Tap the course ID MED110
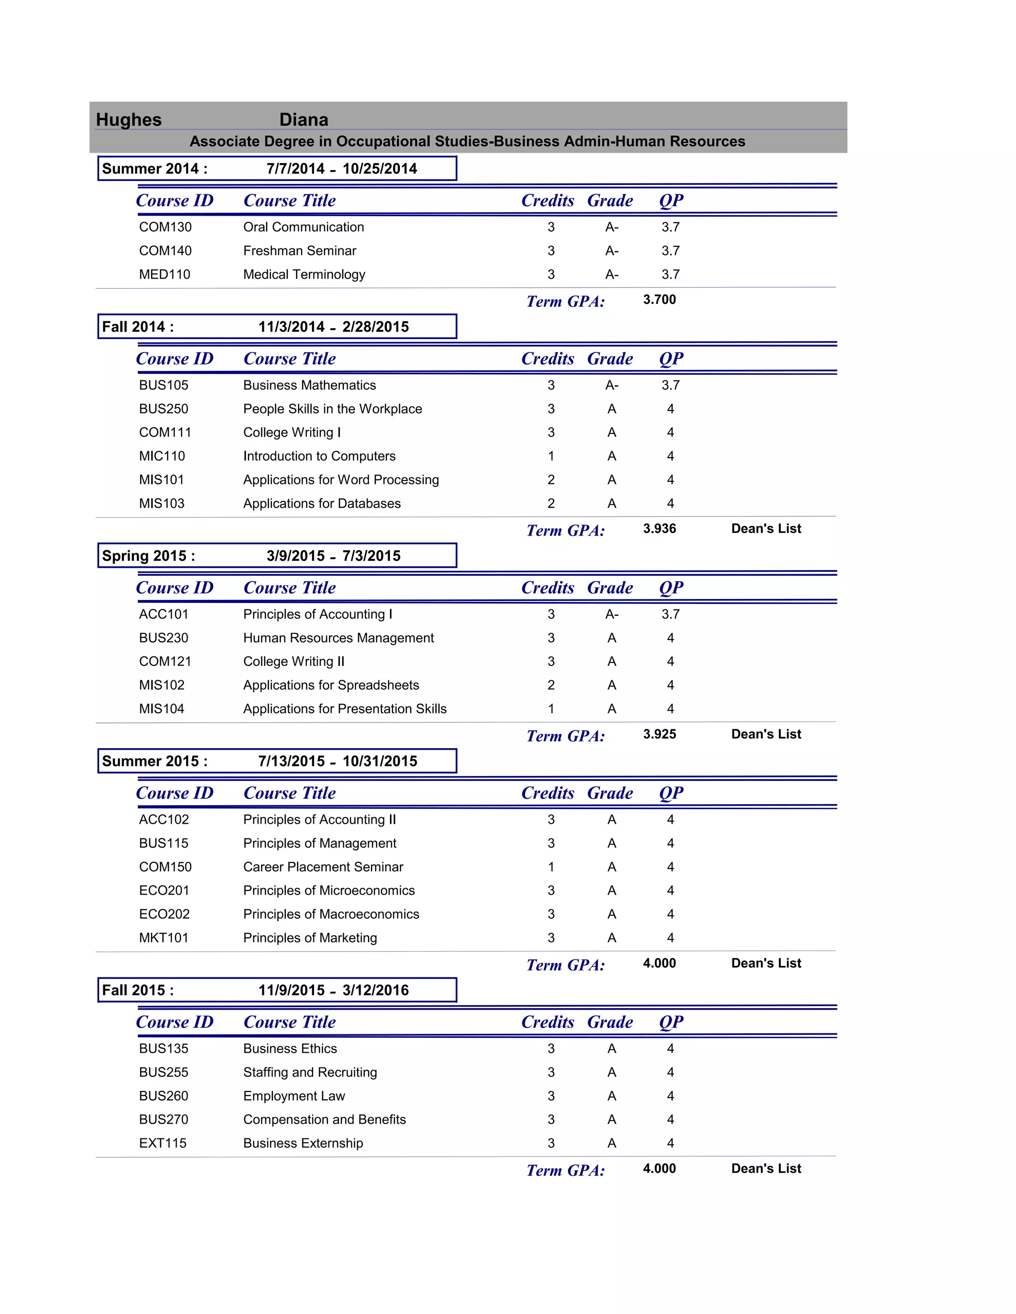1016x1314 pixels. point(164,274)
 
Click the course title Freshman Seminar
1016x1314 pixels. point(299,251)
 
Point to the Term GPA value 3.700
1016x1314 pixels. point(659,299)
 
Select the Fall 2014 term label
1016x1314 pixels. point(138,327)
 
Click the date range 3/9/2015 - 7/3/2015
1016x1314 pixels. point(333,556)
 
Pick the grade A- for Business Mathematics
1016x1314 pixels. point(612,385)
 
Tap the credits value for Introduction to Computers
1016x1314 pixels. point(551,456)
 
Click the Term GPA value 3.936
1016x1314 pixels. point(659,529)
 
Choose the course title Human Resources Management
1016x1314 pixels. point(338,638)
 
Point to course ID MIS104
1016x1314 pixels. point(161,709)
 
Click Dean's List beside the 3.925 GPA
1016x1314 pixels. point(765,734)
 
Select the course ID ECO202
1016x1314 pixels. point(164,914)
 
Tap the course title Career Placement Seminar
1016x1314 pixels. point(323,867)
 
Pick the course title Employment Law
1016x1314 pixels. point(294,1096)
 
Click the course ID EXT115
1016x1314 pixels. point(163,1143)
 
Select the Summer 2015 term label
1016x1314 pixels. point(155,761)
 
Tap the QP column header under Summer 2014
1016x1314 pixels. point(671,201)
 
